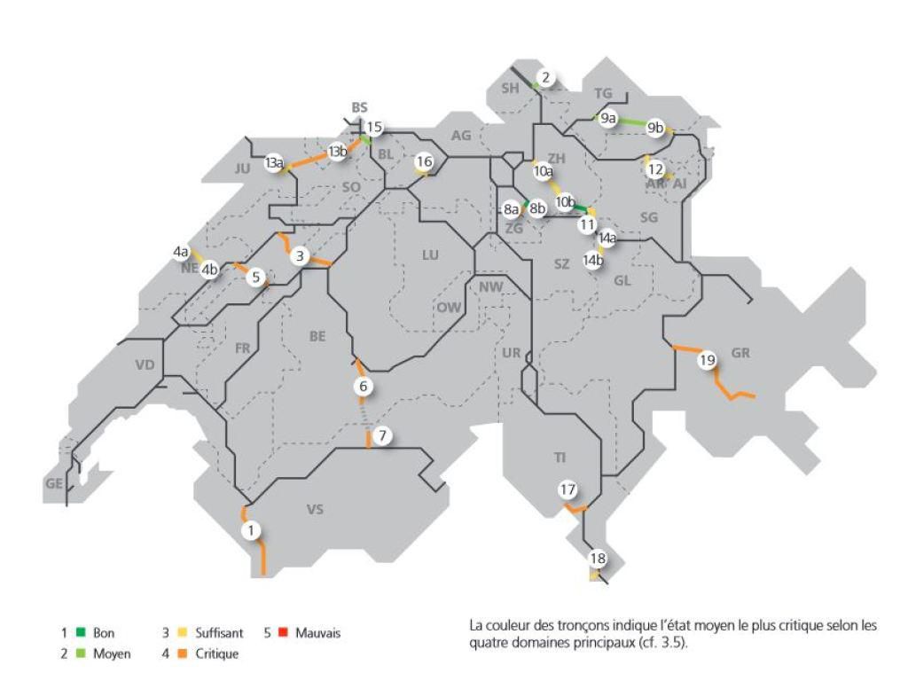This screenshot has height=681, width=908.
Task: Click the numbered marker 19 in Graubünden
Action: point(706,361)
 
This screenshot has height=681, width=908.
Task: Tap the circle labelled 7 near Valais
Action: point(382,436)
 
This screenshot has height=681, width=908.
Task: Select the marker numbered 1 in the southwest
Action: point(253,530)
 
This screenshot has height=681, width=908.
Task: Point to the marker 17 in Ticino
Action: point(567,489)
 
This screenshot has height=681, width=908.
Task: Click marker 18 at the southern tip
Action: point(598,559)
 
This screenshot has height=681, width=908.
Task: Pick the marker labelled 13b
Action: point(337,152)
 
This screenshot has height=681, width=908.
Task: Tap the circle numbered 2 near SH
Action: point(545,78)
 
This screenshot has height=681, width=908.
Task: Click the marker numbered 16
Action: point(424,161)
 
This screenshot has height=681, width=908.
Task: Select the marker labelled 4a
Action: point(181,252)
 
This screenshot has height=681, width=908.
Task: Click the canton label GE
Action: point(54,483)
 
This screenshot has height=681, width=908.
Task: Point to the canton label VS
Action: point(315,509)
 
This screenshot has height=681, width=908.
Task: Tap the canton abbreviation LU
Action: point(430,254)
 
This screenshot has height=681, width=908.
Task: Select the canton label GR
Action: point(741,353)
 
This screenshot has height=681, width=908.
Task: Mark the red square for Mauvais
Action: point(283,633)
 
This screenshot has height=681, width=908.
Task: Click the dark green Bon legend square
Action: point(80,633)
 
